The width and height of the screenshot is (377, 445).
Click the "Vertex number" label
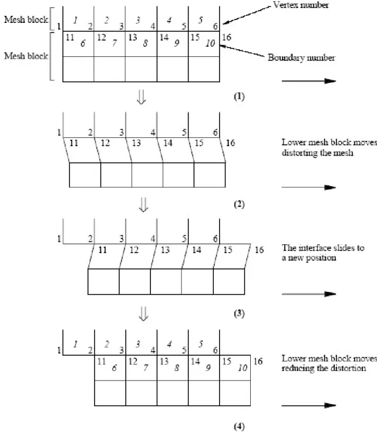pyautogui.click(x=301, y=5)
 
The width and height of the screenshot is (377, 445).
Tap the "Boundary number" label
pyautogui.click(x=301, y=58)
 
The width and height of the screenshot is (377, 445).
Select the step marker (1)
pyautogui.click(x=239, y=96)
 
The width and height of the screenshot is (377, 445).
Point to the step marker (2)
pyautogui.click(x=239, y=204)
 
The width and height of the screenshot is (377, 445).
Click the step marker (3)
pyautogui.click(x=239, y=313)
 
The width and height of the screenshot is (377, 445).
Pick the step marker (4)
pyautogui.click(x=239, y=426)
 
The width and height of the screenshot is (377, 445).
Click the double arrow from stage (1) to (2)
pyautogui.click(x=141, y=97)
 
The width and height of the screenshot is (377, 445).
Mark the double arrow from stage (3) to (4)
pyautogui.click(x=143, y=313)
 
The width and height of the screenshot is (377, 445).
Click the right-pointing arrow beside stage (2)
pyautogui.click(x=308, y=187)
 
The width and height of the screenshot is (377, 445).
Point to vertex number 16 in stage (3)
pyautogui.click(x=259, y=250)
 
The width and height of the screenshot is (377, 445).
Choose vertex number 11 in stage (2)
pyautogui.click(x=74, y=143)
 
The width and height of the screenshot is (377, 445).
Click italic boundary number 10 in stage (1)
pyautogui.click(x=210, y=43)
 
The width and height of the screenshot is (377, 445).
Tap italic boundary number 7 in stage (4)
pyautogui.click(x=146, y=368)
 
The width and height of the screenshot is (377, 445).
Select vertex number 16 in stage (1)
pyautogui.click(x=227, y=37)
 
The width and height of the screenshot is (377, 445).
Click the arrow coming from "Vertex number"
pyautogui.click(x=247, y=16)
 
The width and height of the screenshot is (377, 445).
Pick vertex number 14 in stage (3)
pyautogui.click(x=197, y=250)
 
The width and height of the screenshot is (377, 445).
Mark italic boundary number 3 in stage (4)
pyautogui.click(x=138, y=344)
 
